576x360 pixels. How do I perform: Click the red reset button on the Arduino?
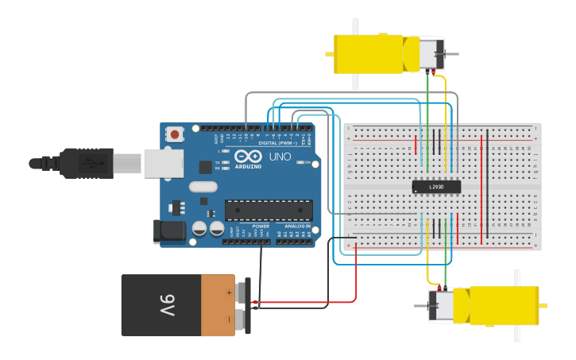(175, 135)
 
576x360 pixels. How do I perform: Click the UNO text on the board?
(280, 157)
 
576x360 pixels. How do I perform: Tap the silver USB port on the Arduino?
(163, 163)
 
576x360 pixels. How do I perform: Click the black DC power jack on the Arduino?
(168, 231)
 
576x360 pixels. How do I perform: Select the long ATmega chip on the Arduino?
(269, 210)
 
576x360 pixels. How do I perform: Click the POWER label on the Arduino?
(261, 226)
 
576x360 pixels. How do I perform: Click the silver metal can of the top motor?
(431, 54)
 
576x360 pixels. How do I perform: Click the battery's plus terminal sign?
(230, 292)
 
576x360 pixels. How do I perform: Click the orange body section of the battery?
(218, 305)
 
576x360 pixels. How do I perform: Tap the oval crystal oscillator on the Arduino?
(203, 188)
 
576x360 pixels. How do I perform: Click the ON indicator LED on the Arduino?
(298, 162)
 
